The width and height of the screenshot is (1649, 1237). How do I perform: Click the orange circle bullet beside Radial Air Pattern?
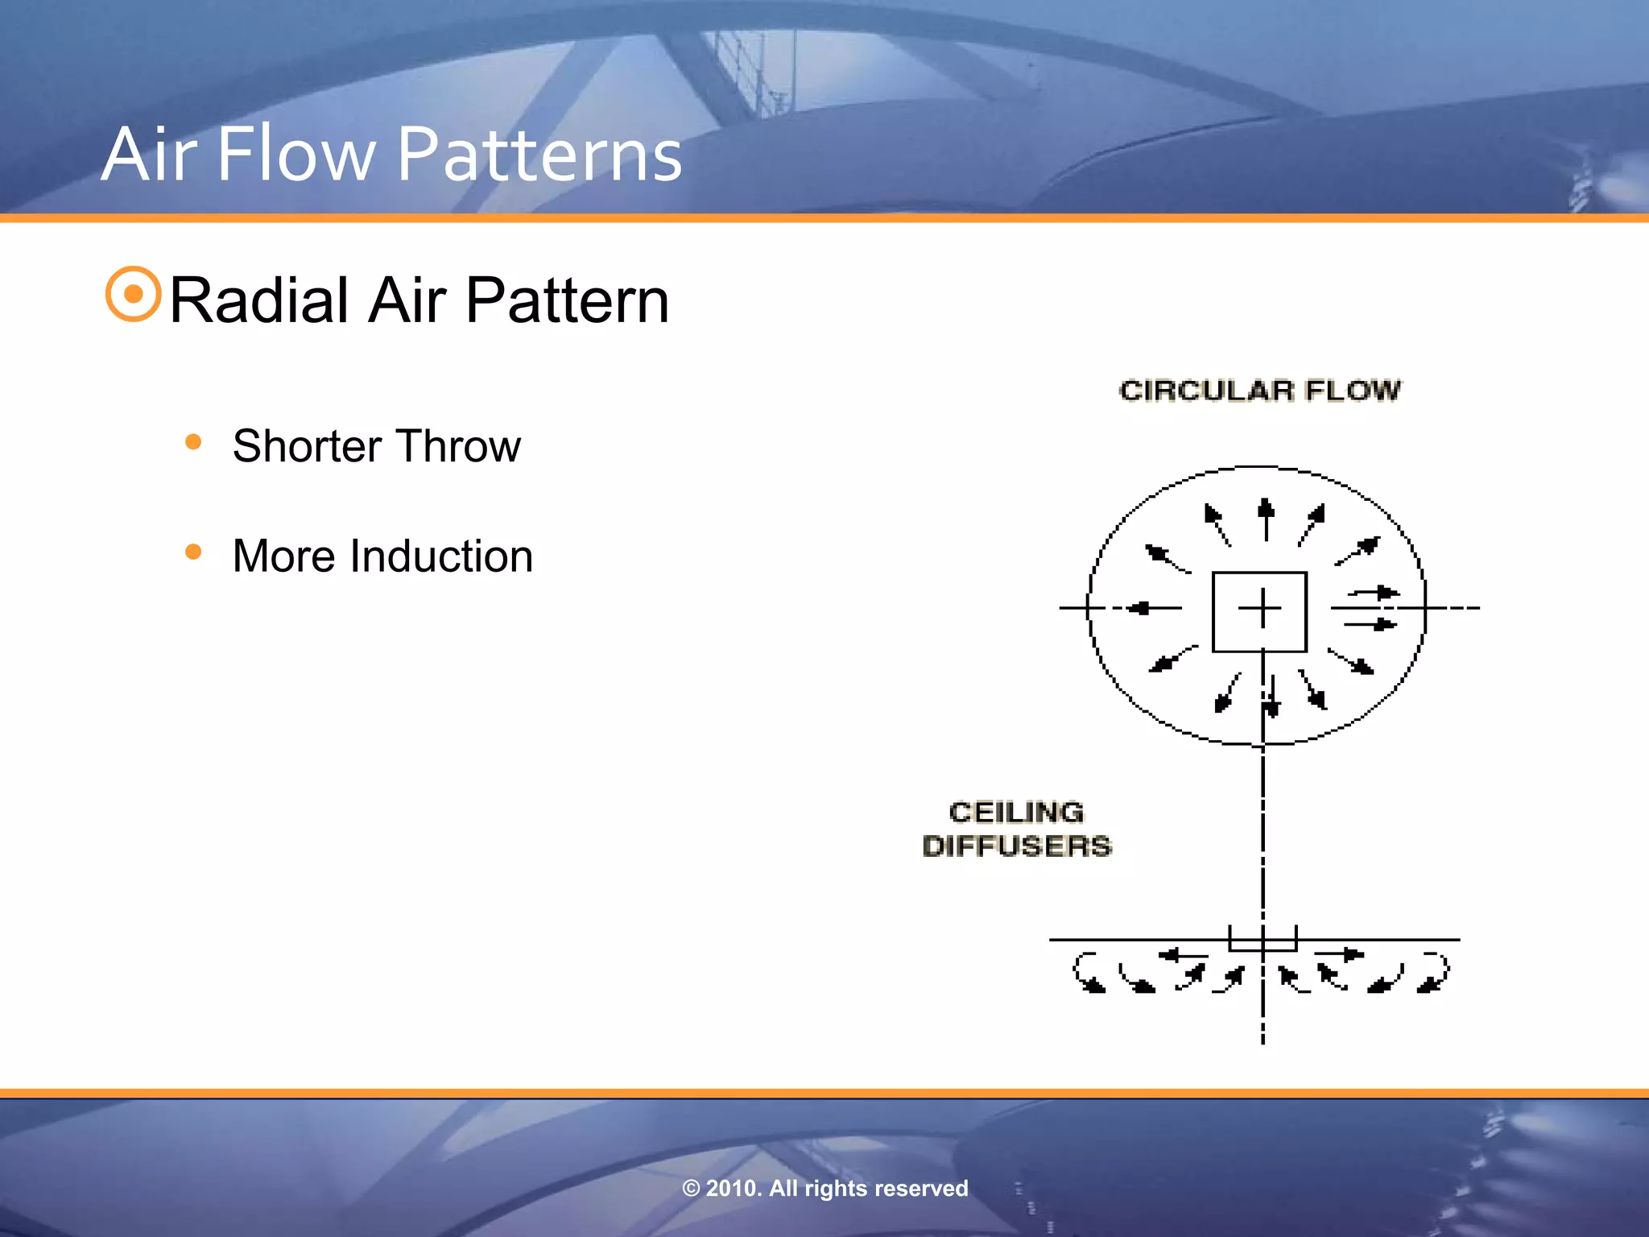[133, 294]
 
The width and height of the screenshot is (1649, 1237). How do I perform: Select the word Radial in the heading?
[258, 300]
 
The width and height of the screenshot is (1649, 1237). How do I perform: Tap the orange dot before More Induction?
[192, 552]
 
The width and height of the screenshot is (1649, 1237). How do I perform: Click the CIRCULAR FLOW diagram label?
[1259, 391]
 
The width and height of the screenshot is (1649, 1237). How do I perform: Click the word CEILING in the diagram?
[1016, 812]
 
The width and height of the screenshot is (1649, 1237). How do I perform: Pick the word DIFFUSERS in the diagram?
[1016, 846]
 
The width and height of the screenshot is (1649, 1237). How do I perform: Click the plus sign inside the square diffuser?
[1259, 608]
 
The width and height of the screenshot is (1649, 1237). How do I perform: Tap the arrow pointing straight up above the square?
[1266, 519]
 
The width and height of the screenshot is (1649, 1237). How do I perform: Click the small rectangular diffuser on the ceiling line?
[1262, 939]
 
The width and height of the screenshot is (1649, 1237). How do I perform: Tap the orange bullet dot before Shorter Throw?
[192, 441]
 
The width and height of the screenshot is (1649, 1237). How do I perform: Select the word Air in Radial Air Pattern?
[407, 300]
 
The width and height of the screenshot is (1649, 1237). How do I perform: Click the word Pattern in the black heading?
[567, 300]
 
